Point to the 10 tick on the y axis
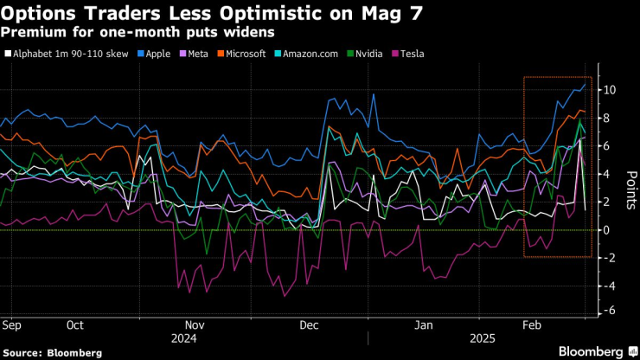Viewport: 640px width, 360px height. [x=609, y=90]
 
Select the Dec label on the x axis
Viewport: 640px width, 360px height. [x=309, y=326]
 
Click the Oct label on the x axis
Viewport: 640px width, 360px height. [x=74, y=326]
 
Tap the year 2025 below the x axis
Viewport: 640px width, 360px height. [x=482, y=339]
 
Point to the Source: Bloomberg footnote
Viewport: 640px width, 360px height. [x=53, y=353]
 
